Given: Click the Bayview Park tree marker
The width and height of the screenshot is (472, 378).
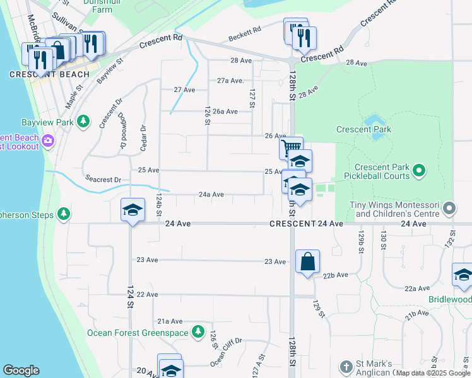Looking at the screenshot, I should (x=83, y=122).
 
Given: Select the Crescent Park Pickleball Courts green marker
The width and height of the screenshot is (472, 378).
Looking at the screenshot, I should (x=418, y=170).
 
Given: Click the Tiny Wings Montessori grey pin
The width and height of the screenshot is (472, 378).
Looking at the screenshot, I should (x=449, y=207).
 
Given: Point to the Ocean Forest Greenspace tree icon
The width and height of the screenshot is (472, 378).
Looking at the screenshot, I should (x=198, y=331).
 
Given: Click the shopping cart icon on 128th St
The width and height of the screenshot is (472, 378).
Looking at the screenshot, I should (x=291, y=148).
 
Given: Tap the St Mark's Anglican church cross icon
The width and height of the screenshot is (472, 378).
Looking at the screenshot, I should (x=346, y=367).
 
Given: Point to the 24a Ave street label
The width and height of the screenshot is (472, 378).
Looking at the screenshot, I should (x=211, y=195).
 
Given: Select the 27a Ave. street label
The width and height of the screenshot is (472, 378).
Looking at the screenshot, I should (x=230, y=81).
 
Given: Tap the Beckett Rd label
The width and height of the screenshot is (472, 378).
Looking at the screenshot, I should (x=245, y=30).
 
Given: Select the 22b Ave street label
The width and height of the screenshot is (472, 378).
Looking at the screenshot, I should (x=336, y=275).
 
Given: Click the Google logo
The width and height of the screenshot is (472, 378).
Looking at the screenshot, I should (x=21, y=370).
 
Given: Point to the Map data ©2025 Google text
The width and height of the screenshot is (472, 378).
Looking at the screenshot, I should (x=433, y=373).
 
